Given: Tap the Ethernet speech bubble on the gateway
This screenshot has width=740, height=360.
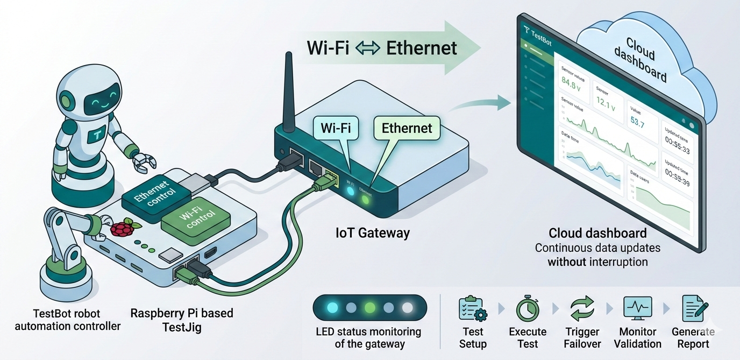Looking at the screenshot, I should tap(407, 129).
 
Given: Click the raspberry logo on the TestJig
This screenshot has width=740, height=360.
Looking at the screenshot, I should tap(122, 228).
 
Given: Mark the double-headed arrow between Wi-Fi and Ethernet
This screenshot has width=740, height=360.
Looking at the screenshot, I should tap(368, 48).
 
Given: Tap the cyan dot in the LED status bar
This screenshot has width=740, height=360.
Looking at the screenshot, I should tap(332, 308).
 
